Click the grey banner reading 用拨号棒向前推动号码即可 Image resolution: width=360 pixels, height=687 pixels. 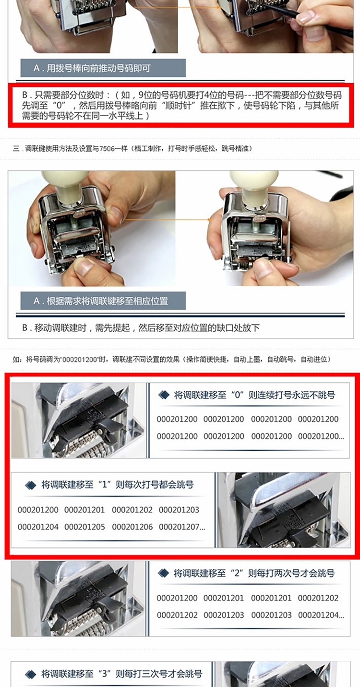(x=103, y=68)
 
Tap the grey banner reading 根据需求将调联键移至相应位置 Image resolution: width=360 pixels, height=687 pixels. (x=103, y=301)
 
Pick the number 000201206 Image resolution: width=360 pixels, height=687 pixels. (x=132, y=527)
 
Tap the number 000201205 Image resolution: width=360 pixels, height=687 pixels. (x=84, y=527)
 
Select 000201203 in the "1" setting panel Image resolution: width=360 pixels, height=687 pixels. (x=179, y=510)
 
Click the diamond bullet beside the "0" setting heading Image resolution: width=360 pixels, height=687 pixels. (x=164, y=395)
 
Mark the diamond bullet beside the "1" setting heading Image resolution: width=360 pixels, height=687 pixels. (x=31, y=485)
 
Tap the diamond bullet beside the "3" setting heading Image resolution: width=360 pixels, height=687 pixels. (x=31, y=674)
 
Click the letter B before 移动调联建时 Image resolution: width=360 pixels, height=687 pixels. (x=25, y=328)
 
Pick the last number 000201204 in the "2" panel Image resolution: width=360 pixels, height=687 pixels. (x=318, y=615)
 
